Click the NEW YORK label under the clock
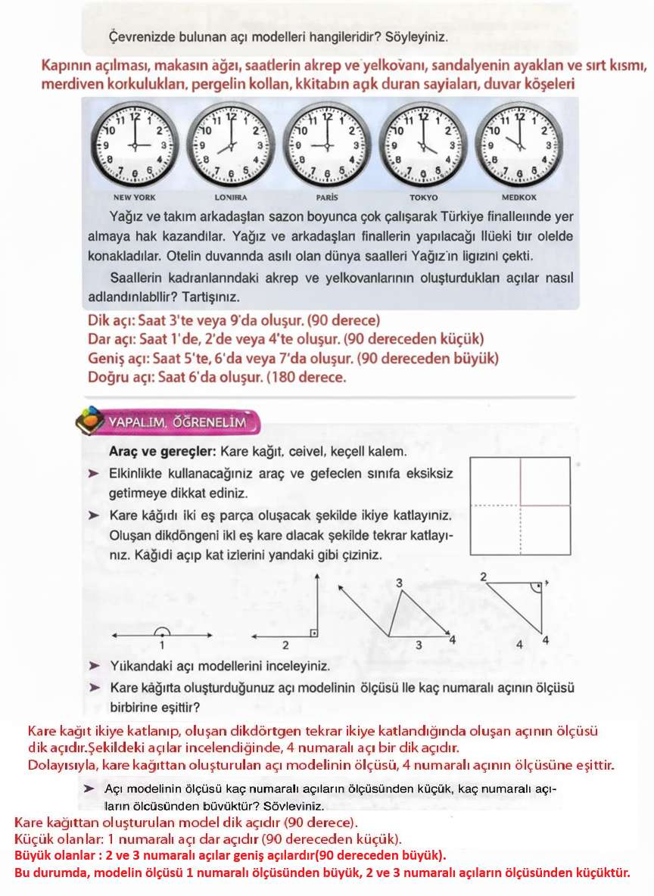pyautogui.click(x=134, y=197)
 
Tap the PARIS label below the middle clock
pyautogui.click(x=327, y=197)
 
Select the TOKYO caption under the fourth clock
pyautogui.click(x=423, y=197)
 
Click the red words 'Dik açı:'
pyautogui.click(x=112, y=320)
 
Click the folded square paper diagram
pyautogui.click(x=519, y=505)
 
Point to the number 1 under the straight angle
pyautogui.click(x=161, y=646)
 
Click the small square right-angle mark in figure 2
pyautogui.click(x=313, y=630)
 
